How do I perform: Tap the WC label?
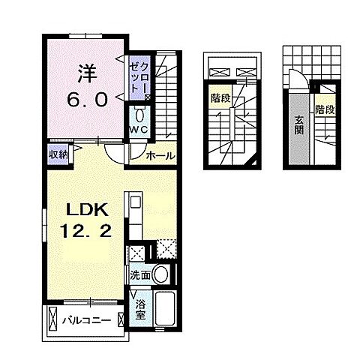click(139, 129)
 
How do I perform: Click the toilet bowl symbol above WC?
click(139, 114)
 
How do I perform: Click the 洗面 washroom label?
click(139, 274)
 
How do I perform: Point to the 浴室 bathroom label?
click(139, 307)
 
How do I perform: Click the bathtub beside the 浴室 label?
click(163, 307)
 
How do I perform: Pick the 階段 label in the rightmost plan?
click(323, 109)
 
